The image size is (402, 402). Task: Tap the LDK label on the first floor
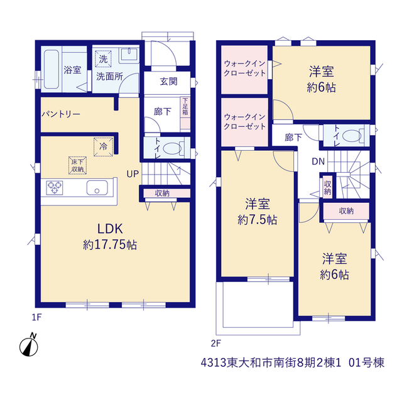(x=111, y=229)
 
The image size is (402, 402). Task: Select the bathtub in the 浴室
(x=52, y=70)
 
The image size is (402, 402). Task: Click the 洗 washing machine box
(x=103, y=59)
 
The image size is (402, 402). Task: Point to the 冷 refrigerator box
(x=103, y=146)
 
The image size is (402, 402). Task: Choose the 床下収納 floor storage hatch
(x=77, y=165)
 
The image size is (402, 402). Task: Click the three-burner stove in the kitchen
(x=55, y=187)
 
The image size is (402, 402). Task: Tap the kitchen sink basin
(x=97, y=188)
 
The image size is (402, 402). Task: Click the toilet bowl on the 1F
(x=172, y=148)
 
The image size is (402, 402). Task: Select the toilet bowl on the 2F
(x=352, y=136)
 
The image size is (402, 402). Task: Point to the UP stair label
(x=133, y=174)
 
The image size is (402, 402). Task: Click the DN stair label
(x=318, y=161)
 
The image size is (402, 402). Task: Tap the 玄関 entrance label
(x=169, y=82)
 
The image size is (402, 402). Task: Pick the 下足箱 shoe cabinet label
(x=185, y=106)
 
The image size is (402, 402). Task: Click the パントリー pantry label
(x=61, y=114)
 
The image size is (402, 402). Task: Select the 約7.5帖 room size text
(x=258, y=220)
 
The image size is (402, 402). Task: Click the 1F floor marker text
(x=36, y=317)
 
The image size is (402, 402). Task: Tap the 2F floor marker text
(x=216, y=344)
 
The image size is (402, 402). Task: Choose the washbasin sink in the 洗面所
(x=129, y=55)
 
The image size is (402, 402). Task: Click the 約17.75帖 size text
(x=110, y=244)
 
